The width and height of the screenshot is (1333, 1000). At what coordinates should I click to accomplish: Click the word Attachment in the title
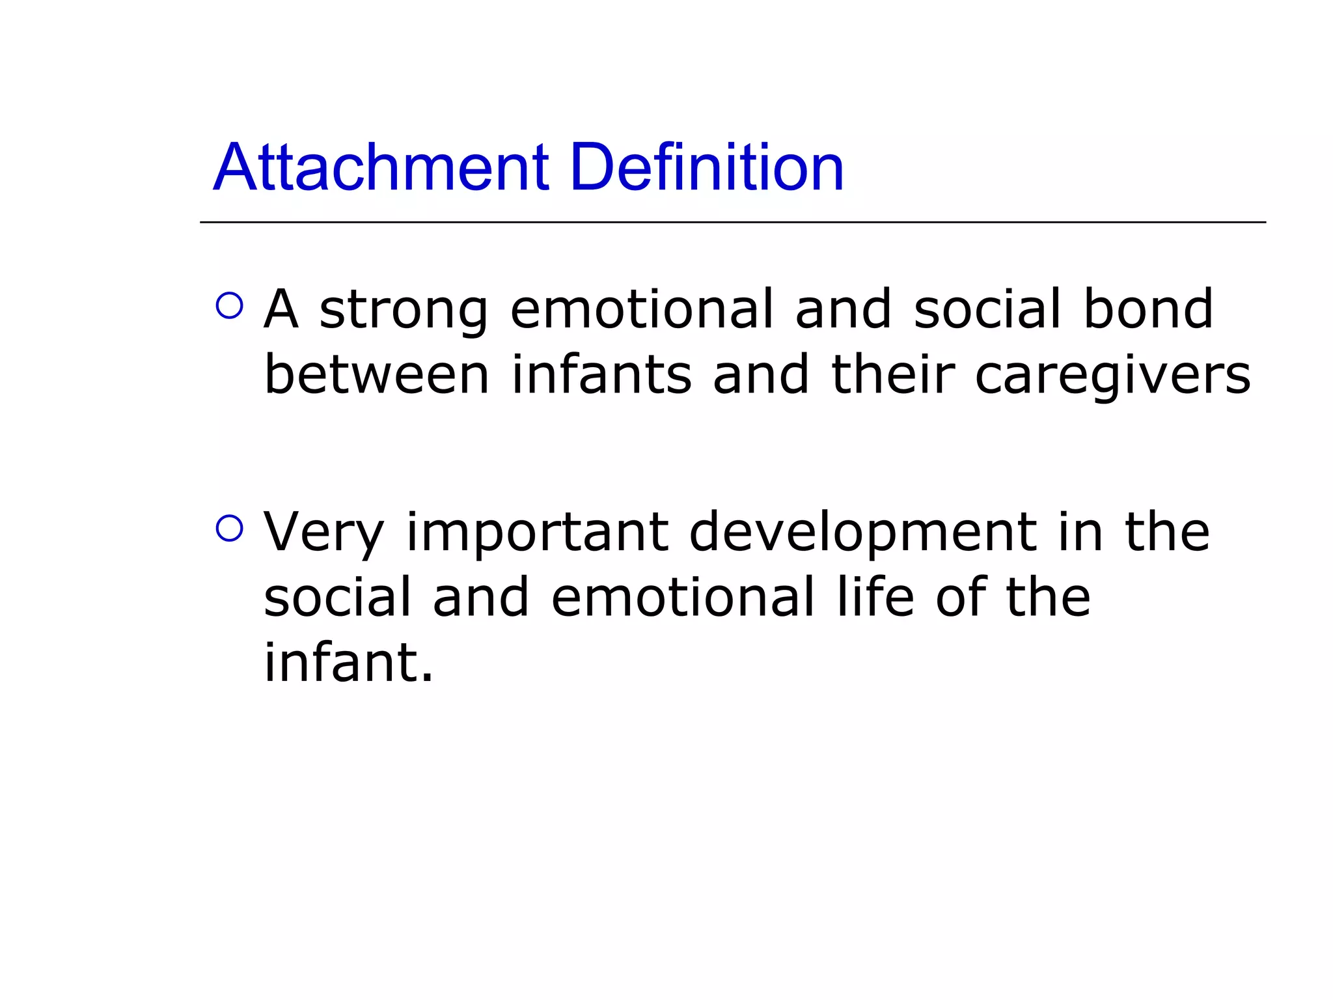pos(381,168)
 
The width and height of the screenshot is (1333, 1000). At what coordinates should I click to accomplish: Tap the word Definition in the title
pos(707,168)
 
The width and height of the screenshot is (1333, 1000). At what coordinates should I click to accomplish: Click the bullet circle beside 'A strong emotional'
pos(229,305)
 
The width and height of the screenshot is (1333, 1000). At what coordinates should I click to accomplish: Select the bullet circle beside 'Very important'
pos(229,528)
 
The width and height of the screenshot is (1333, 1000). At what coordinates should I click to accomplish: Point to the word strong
pos(404,310)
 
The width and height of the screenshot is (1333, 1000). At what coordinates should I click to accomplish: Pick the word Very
pos(323,533)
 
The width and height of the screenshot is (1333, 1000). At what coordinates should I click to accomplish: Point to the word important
pos(538,533)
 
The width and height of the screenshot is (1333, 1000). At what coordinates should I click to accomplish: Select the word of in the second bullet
pos(961,597)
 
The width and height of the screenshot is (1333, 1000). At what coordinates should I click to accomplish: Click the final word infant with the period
pos(348,663)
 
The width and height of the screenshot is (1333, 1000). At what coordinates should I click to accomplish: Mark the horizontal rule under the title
pos(732,223)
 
